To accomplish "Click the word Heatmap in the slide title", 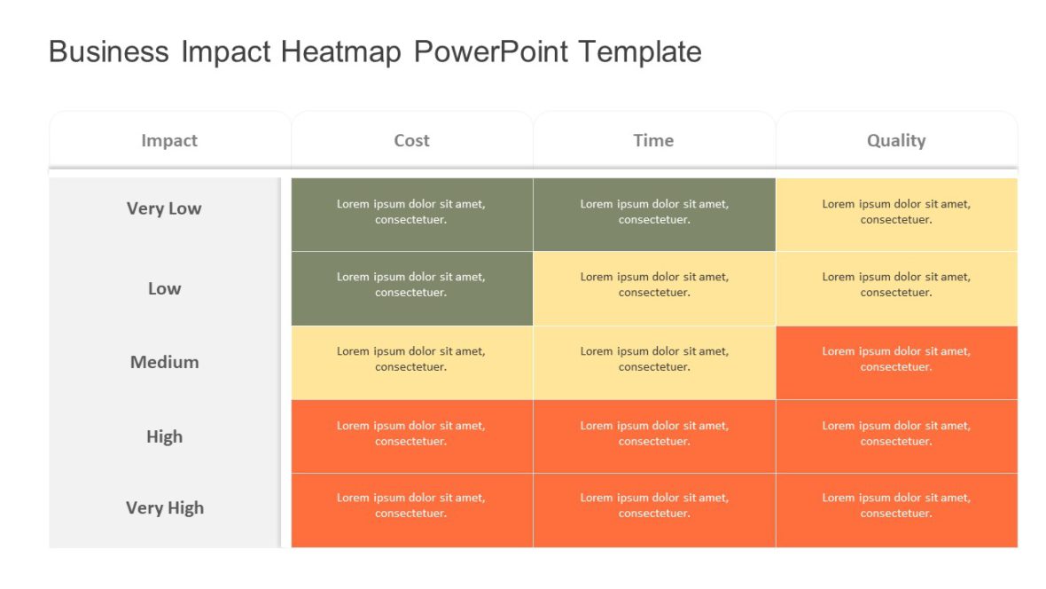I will [x=342, y=51].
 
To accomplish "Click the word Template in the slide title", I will [x=639, y=51].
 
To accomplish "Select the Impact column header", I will [x=169, y=140].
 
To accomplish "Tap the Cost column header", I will [x=411, y=140].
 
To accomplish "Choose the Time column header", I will [x=653, y=140].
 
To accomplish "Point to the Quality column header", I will [x=896, y=140].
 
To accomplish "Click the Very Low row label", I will [x=164, y=208].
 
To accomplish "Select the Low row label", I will [x=164, y=288].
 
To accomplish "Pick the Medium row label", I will [x=164, y=362].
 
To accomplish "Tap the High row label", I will [x=164, y=436].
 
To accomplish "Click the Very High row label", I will [x=164, y=507].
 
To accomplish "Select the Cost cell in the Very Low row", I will [x=411, y=213].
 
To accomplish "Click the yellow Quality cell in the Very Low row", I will [x=896, y=213].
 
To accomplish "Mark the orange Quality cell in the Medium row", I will [x=896, y=361].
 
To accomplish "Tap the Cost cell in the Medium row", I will [x=411, y=361].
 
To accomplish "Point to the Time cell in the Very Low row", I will [x=654, y=213].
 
